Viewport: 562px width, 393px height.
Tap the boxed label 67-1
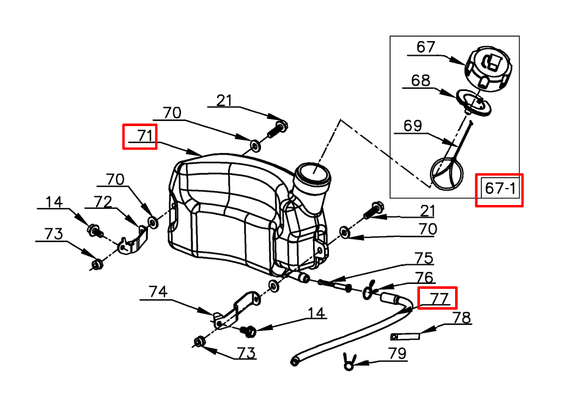tap(499, 189)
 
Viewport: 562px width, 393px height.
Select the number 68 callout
tap(421, 81)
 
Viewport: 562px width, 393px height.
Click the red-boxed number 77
tap(438, 298)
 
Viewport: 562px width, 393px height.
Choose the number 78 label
tap(462, 318)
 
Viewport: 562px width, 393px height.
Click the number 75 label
tap(424, 258)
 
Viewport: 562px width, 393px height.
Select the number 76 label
tap(424, 278)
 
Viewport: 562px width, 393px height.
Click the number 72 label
tap(104, 202)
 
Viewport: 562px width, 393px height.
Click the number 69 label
tap(413, 126)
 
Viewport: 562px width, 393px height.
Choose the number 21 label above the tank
tap(224, 100)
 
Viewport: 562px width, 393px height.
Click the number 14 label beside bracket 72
tap(54, 202)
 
